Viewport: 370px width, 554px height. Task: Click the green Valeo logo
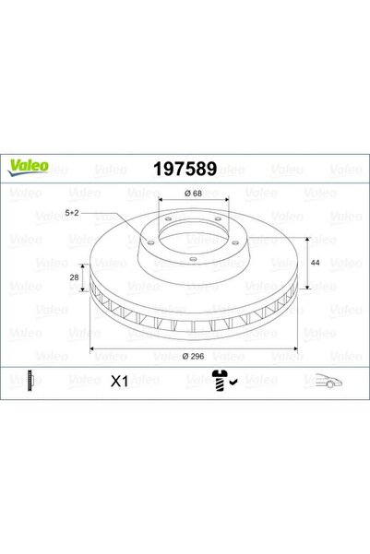(29, 167)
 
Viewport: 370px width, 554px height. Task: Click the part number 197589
(185, 169)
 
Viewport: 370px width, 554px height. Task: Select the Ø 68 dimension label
(193, 194)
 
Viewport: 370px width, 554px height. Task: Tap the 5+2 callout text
(72, 213)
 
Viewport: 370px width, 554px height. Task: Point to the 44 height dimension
(315, 263)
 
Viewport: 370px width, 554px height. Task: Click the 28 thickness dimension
(75, 277)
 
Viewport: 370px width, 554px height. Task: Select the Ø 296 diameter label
(193, 356)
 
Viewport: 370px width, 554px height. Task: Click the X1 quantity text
(119, 382)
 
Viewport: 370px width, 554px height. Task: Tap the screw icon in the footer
(220, 380)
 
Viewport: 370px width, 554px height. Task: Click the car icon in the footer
(328, 381)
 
